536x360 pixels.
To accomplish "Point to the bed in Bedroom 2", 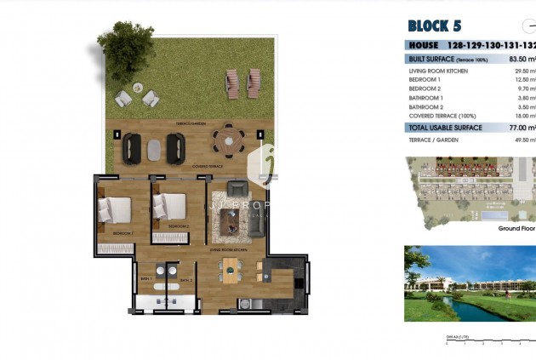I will [x=170, y=208].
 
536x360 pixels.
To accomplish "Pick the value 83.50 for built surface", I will [x=520, y=59].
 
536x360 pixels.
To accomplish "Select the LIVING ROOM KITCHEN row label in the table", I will [x=439, y=71].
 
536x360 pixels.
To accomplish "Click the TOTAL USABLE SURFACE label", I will [x=445, y=128].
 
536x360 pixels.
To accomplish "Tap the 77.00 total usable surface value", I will [x=520, y=128].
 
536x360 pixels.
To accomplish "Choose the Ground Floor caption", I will [x=516, y=228].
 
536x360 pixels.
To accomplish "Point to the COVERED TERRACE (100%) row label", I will [x=442, y=116].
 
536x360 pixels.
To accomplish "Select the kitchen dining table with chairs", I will [x=231, y=271].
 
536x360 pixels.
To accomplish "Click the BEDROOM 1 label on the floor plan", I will [x=123, y=232].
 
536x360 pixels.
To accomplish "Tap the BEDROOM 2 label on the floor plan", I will [x=178, y=226].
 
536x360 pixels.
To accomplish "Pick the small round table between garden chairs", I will [x=136, y=97].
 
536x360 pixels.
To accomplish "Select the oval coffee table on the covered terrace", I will [x=154, y=149].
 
